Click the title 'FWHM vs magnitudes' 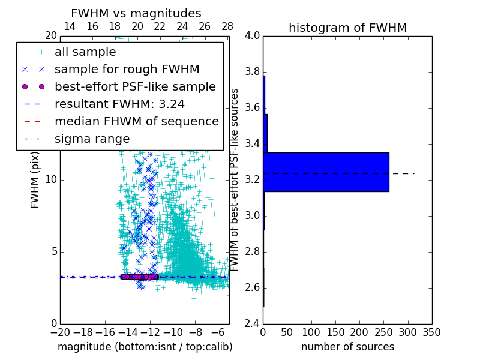pos(136,13)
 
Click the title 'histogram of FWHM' pos(347,28)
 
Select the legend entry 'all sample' pos(85,52)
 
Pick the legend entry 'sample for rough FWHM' pos(127,69)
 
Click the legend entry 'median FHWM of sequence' pos(136,121)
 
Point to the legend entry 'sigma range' pos(92,139)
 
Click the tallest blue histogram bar pos(326,172)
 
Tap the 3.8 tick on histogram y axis pos(251,72)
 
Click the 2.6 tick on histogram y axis pos(251,288)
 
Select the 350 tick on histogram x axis pos(431,332)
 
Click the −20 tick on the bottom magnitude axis pos(60,332)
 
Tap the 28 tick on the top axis pos(227,27)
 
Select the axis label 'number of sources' pos(347,347)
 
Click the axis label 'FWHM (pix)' pos(35,180)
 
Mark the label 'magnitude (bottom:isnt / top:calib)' pos(145,347)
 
